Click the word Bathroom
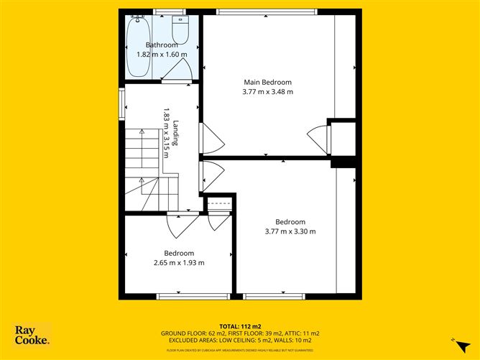coord(162,45)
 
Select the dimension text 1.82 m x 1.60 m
coord(162,54)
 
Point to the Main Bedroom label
coord(268,81)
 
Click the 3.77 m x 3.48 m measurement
coord(268,91)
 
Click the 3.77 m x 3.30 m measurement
coord(290,231)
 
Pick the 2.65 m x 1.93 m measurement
coord(179,263)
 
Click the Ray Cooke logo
coord(32,336)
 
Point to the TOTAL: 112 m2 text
coord(239,326)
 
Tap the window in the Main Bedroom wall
coord(267,11)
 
